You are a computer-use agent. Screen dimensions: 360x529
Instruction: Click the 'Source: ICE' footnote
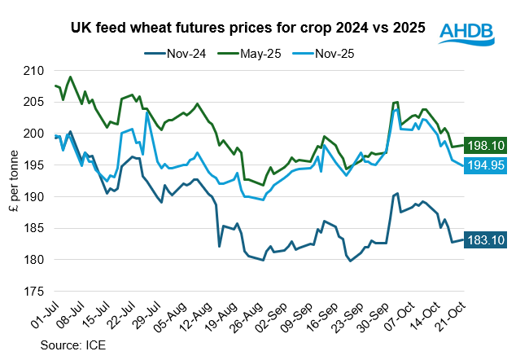tap(73, 345)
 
